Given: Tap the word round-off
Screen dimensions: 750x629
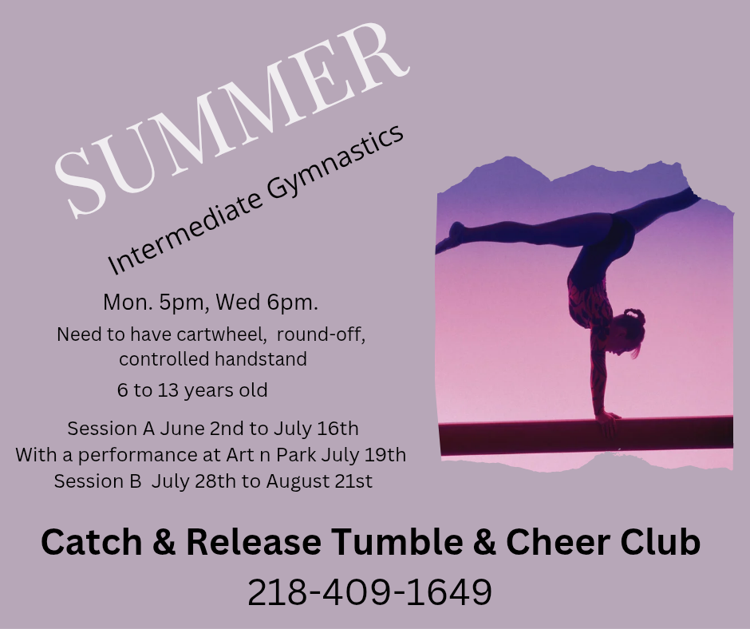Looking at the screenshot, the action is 321,334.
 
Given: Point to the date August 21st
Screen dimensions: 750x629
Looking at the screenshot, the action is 319,481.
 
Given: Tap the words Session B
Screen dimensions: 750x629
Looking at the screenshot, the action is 97,481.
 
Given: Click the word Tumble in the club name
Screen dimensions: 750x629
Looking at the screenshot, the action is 397,542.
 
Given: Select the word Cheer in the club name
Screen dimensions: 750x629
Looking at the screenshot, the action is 557,542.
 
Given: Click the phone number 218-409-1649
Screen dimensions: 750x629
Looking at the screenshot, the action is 369,592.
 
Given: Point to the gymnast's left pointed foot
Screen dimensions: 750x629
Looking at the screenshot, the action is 450,238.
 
